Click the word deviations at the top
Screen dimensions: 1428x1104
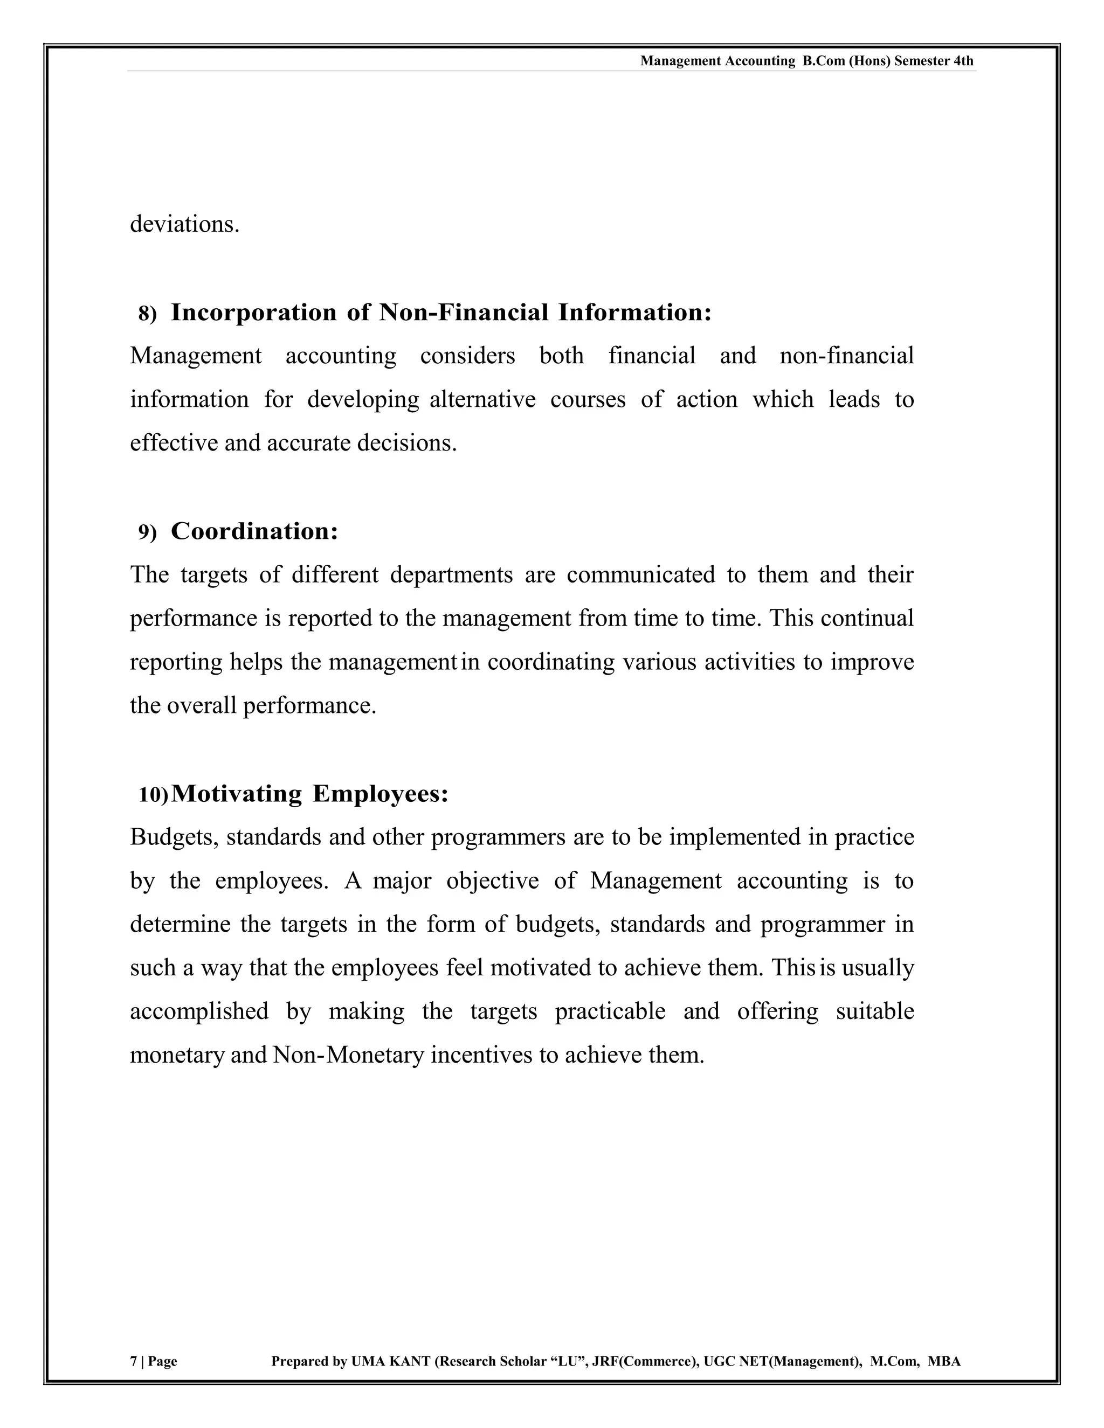click(x=184, y=224)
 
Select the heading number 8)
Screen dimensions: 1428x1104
click(x=148, y=314)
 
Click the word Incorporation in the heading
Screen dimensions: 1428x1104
click(x=254, y=313)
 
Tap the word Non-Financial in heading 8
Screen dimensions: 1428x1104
click(x=464, y=313)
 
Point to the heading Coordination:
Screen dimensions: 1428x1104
click(x=254, y=531)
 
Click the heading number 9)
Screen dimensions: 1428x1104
click(x=148, y=533)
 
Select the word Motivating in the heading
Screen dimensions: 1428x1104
click(x=236, y=794)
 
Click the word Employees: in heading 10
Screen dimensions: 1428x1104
click(x=381, y=794)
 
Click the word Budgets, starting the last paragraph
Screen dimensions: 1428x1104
click(x=174, y=837)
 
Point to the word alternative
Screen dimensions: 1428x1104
click(x=482, y=399)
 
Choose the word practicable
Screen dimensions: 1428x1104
click(x=610, y=1011)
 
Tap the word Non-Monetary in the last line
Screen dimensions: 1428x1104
click(x=349, y=1055)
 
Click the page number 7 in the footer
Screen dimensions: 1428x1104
click(x=134, y=1361)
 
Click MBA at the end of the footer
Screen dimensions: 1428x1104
click(x=944, y=1361)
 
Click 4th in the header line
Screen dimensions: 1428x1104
click(x=963, y=61)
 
